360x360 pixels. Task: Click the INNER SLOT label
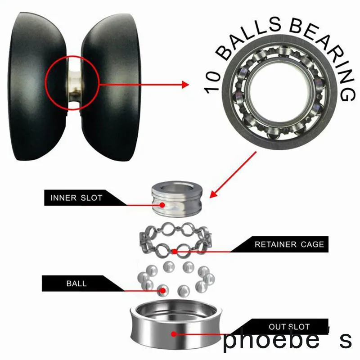(x=76, y=198)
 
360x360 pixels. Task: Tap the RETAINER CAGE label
(x=289, y=245)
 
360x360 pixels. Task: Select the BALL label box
(x=76, y=283)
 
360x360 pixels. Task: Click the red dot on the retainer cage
(x=174, y=251)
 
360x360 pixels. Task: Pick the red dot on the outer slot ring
(x=174, y=333)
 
